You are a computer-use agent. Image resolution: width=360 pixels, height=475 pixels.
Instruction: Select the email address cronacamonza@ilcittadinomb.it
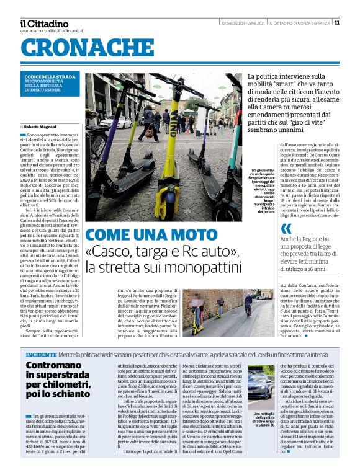[52, 30]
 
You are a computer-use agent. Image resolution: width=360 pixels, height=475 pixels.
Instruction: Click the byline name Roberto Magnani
[43, 126]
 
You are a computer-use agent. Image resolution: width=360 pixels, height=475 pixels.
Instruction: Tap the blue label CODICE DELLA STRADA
[50, 77]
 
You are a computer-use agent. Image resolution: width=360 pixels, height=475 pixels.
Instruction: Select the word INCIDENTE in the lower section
[42, 354]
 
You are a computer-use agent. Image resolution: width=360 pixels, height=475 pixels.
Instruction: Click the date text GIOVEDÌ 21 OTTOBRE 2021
[243, 23]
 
